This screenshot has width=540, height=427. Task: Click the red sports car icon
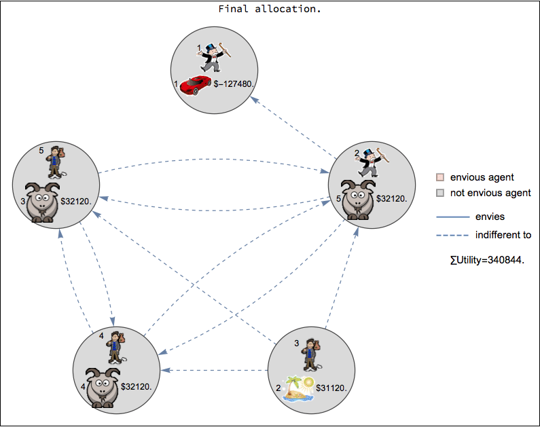click(x=196, y=85)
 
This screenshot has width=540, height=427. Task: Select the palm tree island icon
click(x=298, y=389)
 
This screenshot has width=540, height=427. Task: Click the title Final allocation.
click(x=270, y=10)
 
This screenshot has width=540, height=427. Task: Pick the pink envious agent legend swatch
click(x=440, y=177)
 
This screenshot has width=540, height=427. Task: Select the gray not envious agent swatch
click(x=440, y=193)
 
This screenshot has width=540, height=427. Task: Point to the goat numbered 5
click(x=357, y=200)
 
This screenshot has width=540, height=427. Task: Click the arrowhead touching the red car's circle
click(x=253, y=99)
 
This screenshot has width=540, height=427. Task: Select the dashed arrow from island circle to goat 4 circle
click(x=217, y=370)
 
